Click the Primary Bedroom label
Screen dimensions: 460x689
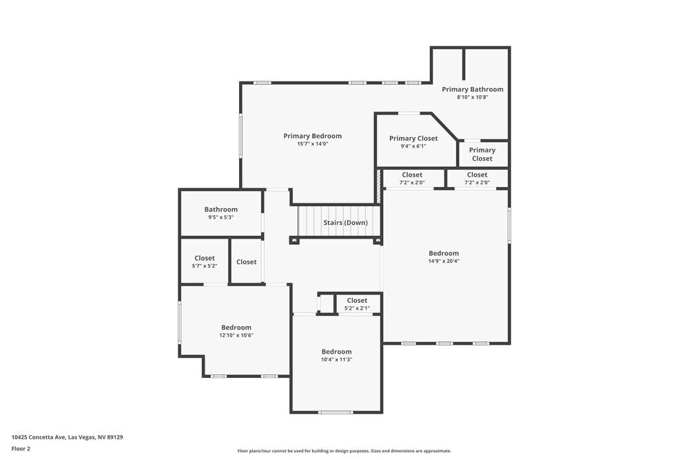tap(312, 136)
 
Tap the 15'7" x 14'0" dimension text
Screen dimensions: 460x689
tap(312, 144)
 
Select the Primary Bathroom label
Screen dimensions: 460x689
tap(472, 89)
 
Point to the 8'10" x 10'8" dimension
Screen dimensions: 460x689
tap(472, 97)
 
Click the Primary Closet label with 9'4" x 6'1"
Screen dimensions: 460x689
tap(413, 138)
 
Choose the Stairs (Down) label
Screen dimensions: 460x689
tap(345, 223)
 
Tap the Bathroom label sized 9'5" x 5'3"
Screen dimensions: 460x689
tap(220, 210)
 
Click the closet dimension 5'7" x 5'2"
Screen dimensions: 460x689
tap(204, 266)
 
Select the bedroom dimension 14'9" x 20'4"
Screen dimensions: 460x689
tap(443, 261)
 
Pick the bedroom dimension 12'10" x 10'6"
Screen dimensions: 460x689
tap(236, 335)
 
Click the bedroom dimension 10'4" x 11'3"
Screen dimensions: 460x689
tap(336, 359)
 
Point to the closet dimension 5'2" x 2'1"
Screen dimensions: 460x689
tap(356, 308)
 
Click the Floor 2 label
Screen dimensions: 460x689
tap(21, 448)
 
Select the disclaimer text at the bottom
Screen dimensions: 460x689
tap(344, 451)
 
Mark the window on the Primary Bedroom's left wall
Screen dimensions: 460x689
tap(241, 134)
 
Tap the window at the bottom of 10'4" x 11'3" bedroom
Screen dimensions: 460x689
tap(336, 412)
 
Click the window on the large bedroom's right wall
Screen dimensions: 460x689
tap(509, 225)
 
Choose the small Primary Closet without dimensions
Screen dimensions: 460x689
tap(482, 154)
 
